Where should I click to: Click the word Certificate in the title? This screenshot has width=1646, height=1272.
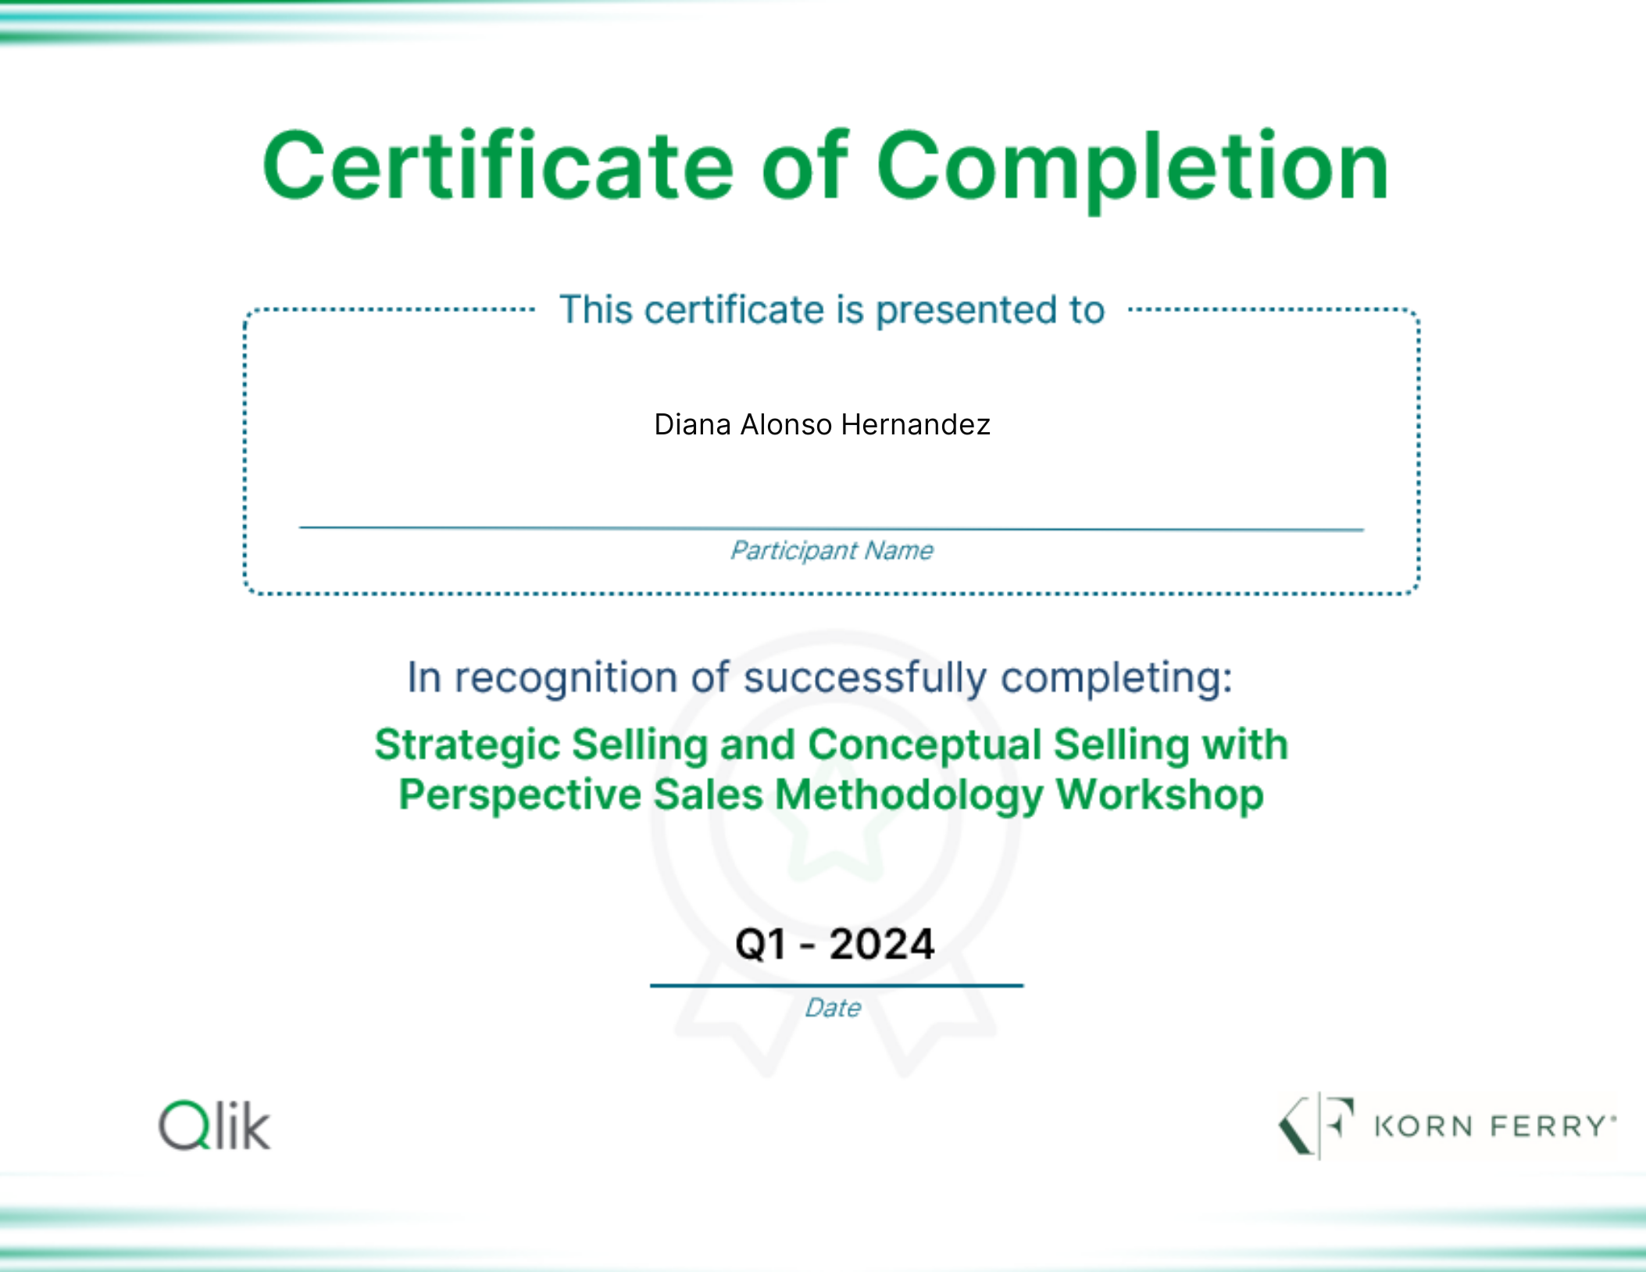point(498,165)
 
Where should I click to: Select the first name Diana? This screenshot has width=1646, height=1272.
point(693,424)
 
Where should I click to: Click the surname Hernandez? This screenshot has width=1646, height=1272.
point(916,424)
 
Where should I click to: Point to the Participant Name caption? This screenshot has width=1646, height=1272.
point(831,551)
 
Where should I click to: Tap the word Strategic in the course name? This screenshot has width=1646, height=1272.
point(467,745)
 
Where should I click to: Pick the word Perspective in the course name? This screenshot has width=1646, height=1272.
point(520,795)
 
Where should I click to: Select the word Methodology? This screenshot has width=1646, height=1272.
point(909,795)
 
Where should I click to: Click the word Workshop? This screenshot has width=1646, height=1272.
point(1159,794)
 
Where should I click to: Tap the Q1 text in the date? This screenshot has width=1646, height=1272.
point(760,944)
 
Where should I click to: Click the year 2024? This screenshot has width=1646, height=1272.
point(881,944)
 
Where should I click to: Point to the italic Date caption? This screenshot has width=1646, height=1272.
point(833,1008)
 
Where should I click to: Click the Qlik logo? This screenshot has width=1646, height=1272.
point(215,1125)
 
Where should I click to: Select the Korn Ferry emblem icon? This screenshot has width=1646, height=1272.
point(1316,1125)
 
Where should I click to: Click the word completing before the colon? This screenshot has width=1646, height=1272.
point(1117,678)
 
